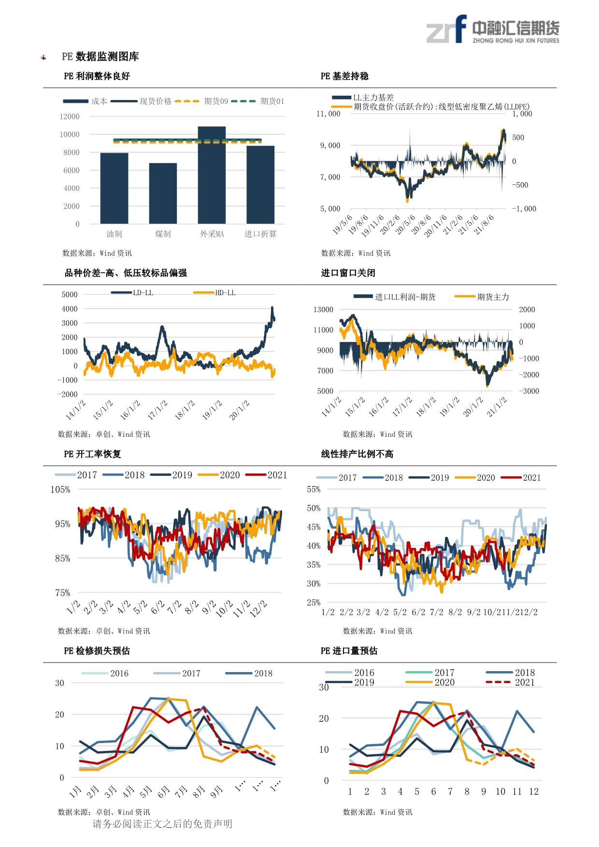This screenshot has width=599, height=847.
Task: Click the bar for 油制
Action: [114, 188]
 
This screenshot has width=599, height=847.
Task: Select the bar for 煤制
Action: [163, 193]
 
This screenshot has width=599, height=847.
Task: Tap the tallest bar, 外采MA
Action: [212, 175]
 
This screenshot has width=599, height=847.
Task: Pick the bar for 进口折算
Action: [260, 185]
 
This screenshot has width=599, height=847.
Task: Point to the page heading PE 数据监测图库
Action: [100, 57]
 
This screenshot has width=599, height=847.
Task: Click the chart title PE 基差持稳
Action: [344, 76]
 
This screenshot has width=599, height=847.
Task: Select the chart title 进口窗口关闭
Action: [348, 273]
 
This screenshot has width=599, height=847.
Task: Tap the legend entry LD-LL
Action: [132, 293]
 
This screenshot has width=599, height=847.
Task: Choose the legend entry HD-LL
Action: [214, 293]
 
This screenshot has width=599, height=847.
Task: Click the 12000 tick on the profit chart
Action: [70, 116]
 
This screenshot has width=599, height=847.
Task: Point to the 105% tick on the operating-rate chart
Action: [60, 489]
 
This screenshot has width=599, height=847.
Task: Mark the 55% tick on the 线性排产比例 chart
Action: [314, 489]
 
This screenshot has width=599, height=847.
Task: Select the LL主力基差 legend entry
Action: [363, 98]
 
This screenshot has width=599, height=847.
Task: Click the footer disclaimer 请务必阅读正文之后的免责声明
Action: [162, 824]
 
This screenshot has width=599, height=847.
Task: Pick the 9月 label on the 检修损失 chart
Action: [217, 791]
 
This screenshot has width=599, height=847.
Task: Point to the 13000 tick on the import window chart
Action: [323, 310]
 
